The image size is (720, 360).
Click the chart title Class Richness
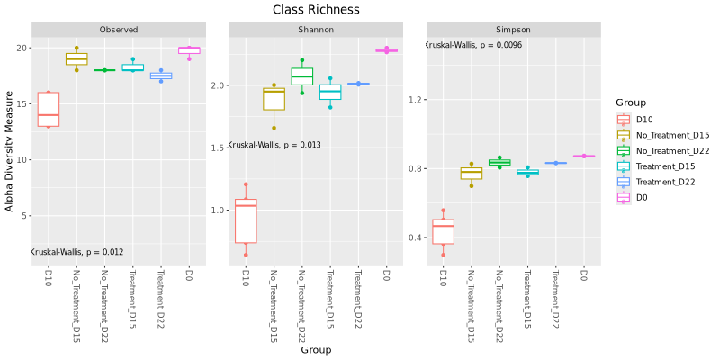[316, 10]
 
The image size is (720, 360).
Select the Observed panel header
[120, 30]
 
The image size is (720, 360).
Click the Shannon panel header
[316, 30]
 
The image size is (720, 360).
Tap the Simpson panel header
[513, 30]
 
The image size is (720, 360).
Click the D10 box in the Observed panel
[49, 109]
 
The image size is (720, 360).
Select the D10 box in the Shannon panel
[246, 220]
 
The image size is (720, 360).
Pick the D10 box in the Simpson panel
[443, 231]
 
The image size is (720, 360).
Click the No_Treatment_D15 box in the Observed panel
[76, 58]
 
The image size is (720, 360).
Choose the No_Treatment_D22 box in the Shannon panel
[302, 76]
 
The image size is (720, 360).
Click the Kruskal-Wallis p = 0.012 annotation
[77, 252]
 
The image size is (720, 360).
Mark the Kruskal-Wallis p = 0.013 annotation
[274, 145]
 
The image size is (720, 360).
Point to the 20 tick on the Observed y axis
[24, 48]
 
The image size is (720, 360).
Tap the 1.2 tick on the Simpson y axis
[417, 99]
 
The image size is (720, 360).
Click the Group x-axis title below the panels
[316, 349]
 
